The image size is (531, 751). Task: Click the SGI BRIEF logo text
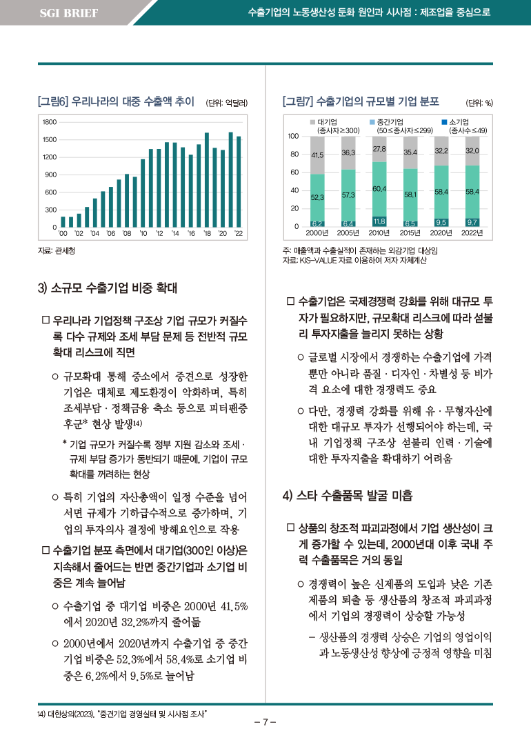(69, 13)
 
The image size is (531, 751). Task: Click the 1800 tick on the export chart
(50, 122)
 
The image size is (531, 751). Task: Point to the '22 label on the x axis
(239, 233)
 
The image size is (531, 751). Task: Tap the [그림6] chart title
(116, 101)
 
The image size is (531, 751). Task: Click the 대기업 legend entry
(334, 126)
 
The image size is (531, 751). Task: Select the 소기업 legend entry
(464, 126)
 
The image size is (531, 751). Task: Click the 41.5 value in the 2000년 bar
(317, 155)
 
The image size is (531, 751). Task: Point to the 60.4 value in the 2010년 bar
(379, 189)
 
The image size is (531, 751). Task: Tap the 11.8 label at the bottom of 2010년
(379, 221)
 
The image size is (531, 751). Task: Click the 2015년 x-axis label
(410, 233)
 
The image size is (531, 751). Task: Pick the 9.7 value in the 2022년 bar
(472, 222)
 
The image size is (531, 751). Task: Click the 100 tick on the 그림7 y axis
(293, 136)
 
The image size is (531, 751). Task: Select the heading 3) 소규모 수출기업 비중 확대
(108, 288)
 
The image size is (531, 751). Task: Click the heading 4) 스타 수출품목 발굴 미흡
(347, 495)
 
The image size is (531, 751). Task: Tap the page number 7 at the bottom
(265, 722)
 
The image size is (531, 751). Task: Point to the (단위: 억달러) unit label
(226, 103)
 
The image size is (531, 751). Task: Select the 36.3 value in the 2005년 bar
(348, 153)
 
